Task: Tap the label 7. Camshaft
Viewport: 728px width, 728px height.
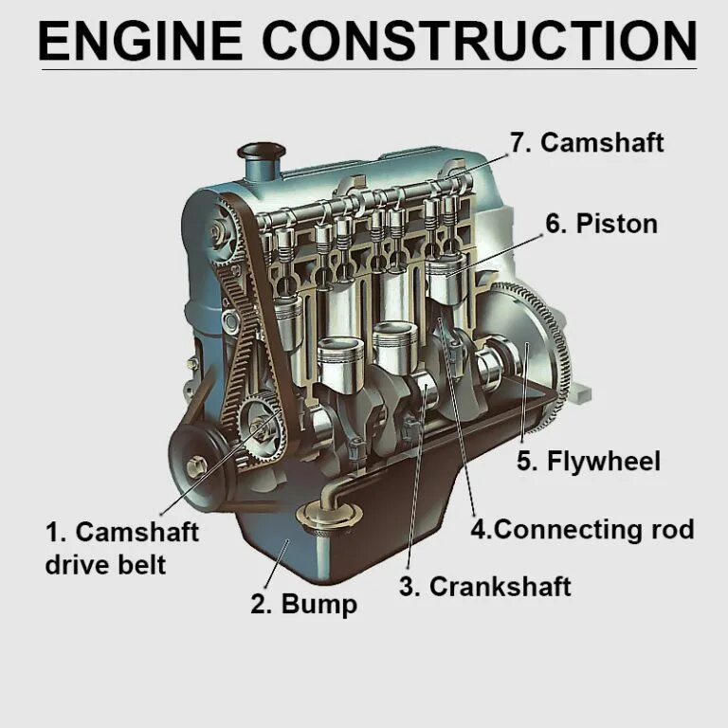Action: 587,142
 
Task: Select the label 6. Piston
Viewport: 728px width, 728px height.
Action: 601,224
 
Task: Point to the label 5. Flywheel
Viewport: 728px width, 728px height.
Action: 589,462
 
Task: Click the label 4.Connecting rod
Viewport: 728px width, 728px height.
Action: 582,529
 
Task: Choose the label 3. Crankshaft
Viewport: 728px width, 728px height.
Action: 484,587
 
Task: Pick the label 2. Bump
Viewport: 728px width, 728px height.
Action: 303,604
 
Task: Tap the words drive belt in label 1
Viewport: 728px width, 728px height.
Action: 105,565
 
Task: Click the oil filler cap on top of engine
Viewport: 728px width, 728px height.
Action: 261,155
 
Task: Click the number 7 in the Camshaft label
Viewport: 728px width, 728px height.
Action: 518,142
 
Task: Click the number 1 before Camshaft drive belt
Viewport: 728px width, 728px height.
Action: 53,532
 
